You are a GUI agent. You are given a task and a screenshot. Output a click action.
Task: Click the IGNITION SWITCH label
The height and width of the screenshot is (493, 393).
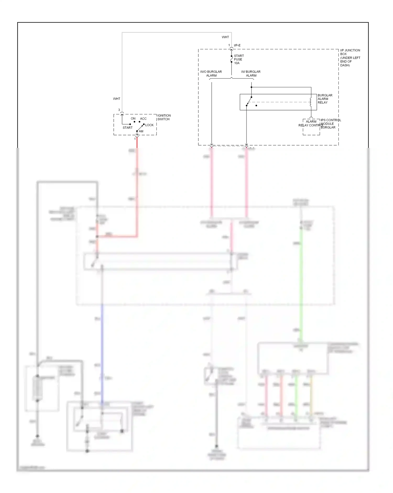164,117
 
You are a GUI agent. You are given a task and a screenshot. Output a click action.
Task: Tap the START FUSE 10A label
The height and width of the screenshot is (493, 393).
238,60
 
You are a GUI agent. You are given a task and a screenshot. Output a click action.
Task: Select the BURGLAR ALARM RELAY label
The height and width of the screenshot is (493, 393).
325,99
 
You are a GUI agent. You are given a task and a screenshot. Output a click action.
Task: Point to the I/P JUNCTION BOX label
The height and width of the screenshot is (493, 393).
350,57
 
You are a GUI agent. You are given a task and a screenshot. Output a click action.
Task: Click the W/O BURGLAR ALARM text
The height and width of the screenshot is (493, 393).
211,73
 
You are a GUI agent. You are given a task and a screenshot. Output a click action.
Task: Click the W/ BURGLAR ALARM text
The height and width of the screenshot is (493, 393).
251,73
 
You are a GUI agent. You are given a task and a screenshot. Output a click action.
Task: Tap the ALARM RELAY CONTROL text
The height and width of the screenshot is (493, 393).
311,123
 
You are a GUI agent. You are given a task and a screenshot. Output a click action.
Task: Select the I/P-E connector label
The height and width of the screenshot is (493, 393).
237,45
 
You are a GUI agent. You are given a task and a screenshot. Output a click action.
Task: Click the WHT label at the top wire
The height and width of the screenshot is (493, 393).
225,37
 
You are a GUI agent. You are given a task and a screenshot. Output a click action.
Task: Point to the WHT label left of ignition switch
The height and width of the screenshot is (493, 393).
117,99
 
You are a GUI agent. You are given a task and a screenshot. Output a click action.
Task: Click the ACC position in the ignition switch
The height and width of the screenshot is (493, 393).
143,119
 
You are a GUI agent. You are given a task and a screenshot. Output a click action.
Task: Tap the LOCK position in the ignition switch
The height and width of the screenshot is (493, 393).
149,125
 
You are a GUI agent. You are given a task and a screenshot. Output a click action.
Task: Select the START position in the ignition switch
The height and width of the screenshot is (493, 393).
128,128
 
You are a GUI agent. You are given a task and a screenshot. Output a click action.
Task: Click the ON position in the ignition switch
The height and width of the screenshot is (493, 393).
133,119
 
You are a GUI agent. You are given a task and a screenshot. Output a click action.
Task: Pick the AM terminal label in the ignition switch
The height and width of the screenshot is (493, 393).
141,131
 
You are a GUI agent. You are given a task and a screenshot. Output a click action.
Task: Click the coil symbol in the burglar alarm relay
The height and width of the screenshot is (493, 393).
311,102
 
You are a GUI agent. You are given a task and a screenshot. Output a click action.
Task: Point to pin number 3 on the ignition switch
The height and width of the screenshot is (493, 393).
119,110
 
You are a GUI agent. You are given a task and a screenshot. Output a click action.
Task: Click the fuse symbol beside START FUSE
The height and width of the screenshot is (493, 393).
231,59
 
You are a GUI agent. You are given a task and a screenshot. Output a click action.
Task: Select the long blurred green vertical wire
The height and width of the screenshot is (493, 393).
301,283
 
